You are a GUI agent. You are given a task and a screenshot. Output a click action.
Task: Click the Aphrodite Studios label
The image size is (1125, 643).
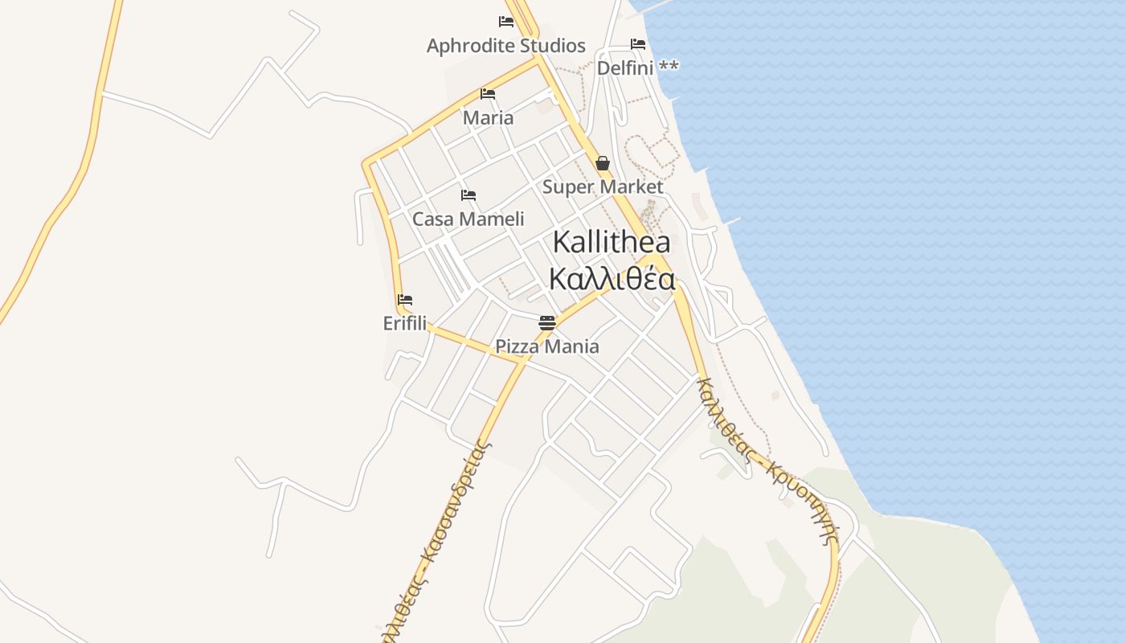coord(505,46)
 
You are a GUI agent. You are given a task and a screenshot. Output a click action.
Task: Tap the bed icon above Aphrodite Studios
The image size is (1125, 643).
coord(505,22)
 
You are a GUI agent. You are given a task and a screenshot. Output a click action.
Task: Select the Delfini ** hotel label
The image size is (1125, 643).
coord(637,68)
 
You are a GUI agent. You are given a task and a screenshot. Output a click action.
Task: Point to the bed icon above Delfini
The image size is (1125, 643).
coord(638,43)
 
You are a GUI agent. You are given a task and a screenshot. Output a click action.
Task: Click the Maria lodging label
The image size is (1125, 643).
coord(488,118)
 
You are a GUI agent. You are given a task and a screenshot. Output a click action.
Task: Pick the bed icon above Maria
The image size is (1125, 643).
coord(487,94)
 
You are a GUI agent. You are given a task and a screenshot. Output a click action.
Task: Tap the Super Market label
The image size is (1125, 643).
coord(603,187)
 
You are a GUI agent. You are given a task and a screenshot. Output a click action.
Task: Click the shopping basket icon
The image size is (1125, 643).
coord(603,164)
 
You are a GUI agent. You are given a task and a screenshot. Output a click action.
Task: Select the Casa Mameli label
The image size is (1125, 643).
coord(468,219)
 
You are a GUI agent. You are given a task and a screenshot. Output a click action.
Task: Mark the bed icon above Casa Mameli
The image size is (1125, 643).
coord(468,195)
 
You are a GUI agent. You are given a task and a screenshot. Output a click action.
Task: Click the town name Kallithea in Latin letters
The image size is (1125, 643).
coord(612,242)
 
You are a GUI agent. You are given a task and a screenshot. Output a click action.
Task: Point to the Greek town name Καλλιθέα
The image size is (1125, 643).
coord(612,279)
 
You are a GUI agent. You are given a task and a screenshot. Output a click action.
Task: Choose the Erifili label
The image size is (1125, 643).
coord(405,323)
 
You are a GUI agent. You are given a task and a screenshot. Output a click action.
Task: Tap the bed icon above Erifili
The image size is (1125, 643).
coord(405,300)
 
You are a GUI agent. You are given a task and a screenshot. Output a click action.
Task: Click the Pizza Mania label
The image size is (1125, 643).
coord(546,347)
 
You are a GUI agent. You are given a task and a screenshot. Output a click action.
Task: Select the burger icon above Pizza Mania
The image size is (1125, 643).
coord(547,323)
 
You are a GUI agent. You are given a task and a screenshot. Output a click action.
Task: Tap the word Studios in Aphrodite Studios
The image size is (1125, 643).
coord(552,46)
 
